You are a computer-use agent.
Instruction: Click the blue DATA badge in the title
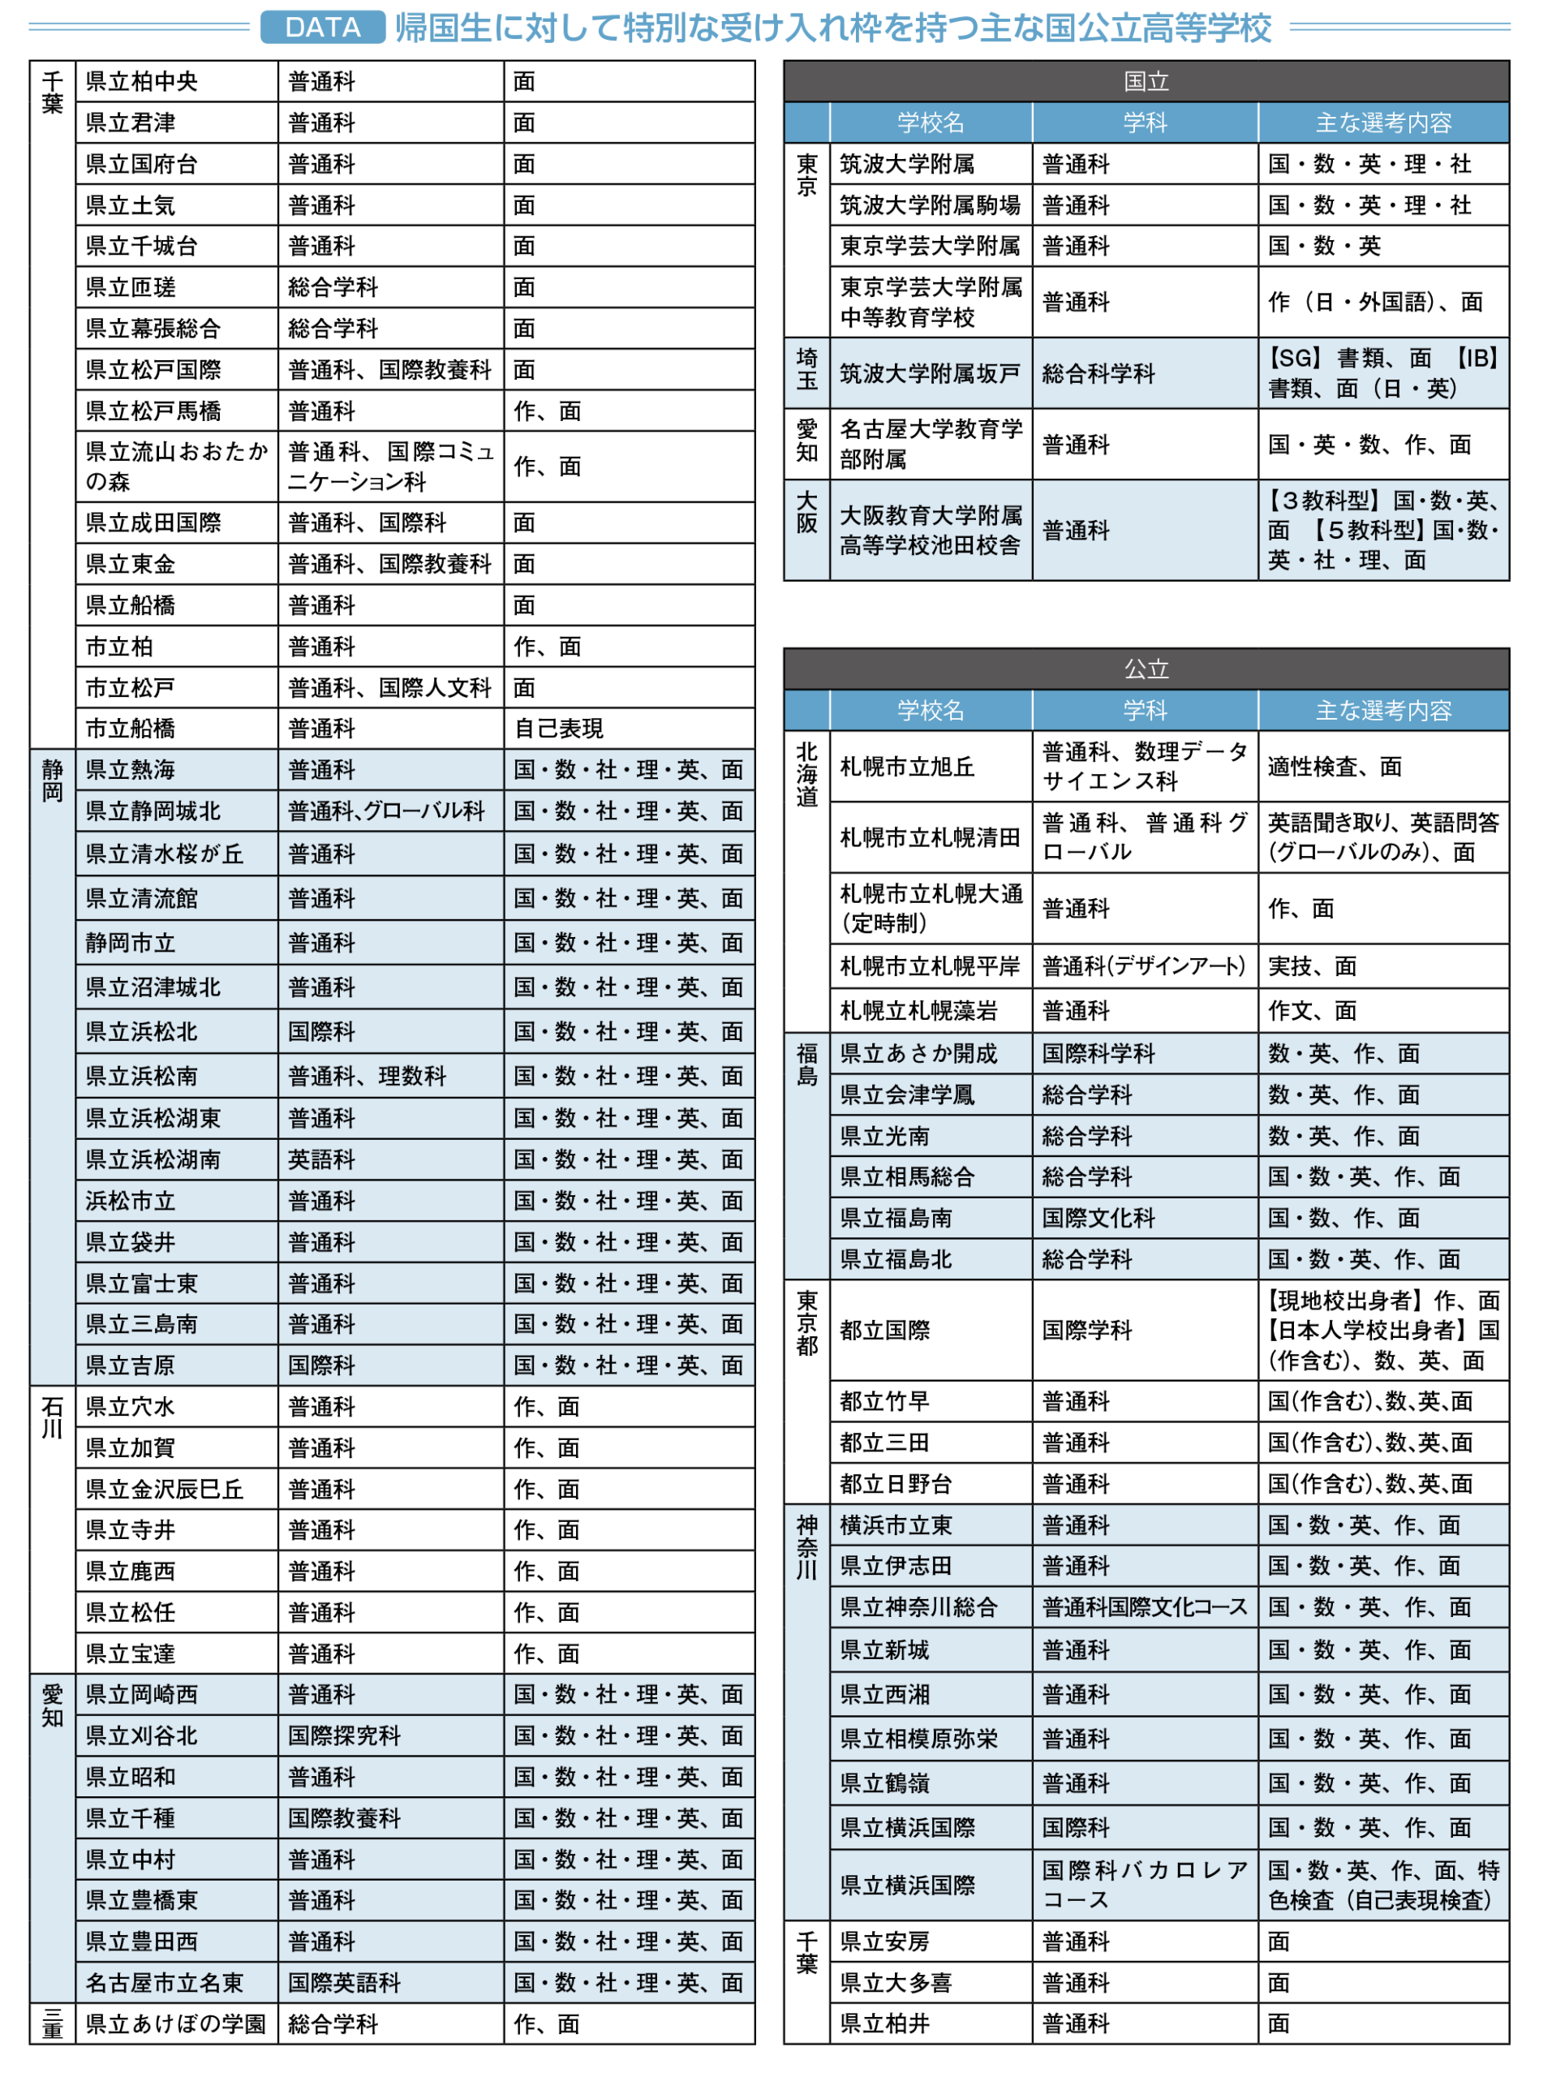[322, 28]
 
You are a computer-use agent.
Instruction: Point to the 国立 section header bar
[1146, 82]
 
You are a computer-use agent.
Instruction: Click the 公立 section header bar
[1146, 669]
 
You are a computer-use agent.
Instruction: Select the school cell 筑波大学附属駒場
[930, 204]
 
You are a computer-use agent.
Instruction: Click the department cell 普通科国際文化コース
[1144, 1606]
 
